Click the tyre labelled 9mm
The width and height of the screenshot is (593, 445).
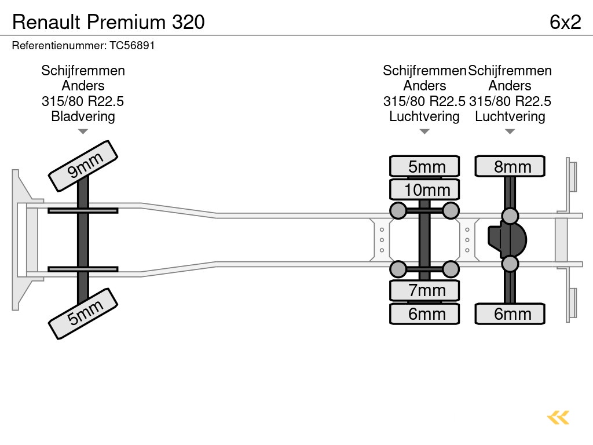click(x=83, y=165)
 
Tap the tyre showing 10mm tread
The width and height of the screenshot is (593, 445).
click(x=424, y=189)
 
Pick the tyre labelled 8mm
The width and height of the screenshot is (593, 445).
click(x=510, y=166)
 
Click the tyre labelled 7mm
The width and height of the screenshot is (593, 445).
click(x=424, y=290)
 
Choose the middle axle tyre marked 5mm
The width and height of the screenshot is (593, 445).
click(x=424, y=166)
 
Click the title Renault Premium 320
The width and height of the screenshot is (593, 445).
click(x=108, y=22)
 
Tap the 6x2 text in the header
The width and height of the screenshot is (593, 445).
click(x=565, y=22)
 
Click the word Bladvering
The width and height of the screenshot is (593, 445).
click(x=83, y=116)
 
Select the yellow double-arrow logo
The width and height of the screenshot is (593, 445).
click(x=558, y=418)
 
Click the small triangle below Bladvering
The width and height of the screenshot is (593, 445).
click(x=83, y=132)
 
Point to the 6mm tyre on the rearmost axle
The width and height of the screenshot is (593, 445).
click(x=510, y=313)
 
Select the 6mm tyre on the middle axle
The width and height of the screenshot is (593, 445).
click(x=424, y=313)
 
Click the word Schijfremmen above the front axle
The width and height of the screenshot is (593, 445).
click(x=83, y=71)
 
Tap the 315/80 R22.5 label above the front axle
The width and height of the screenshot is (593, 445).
click(x=83, y=101)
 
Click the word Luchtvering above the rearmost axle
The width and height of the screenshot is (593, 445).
click(x=510, y=116)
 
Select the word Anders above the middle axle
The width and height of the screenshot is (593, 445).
click(x=424, y=86)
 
